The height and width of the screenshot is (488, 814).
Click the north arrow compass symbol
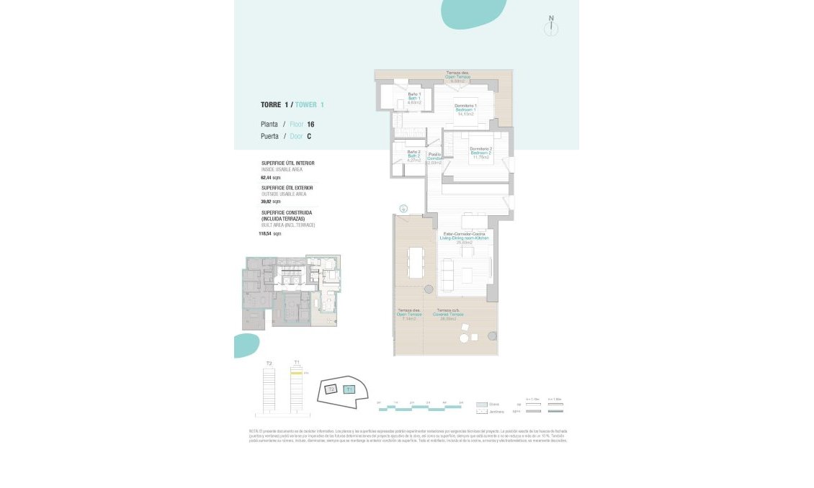(551, 27)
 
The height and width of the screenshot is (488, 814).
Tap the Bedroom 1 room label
(465, 109)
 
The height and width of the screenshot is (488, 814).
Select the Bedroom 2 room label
(480, 153)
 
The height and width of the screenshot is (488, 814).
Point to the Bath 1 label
(413, 98)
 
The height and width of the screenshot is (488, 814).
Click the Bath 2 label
(413, 155)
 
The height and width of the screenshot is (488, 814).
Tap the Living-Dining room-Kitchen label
(464, 238)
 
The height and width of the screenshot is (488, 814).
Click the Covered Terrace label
(448, 315)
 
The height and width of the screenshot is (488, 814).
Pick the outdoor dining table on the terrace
(416, 262)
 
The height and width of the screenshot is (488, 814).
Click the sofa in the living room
(447, 274)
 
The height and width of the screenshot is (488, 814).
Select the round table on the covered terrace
(465, 338)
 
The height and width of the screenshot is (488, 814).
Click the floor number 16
(310, 125)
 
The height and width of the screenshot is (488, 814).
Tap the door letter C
(309, 136)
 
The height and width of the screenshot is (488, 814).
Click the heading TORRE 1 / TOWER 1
(292, 105)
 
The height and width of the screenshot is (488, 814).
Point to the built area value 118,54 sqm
(270, 234)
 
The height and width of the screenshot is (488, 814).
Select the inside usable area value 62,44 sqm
(270, 177)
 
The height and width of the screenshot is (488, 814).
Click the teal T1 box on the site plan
(349, 389)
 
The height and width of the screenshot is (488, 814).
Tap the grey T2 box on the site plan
(331, 389)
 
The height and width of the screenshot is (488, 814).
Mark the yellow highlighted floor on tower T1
(296, 374)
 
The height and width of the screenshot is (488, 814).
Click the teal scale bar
(421, 408)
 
